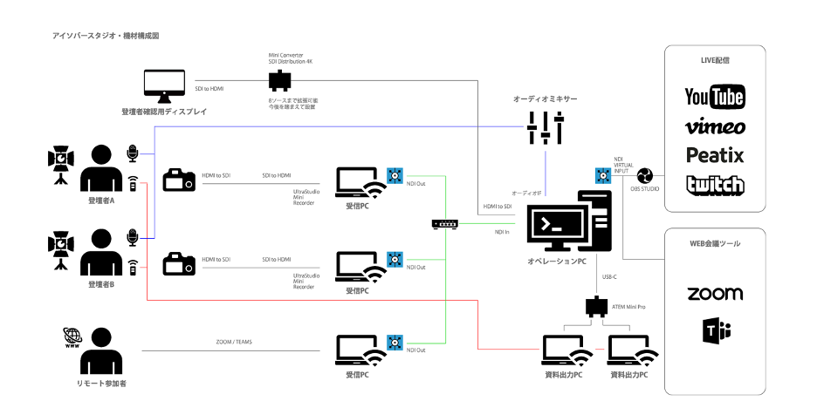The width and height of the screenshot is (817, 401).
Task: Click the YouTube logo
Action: (715, 96)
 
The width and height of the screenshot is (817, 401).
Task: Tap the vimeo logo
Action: (715, 127)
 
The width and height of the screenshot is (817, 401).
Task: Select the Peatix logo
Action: (715, 156)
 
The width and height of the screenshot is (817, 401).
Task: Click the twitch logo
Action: (715, 185)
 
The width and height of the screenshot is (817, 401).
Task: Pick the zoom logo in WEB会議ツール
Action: (715, 294)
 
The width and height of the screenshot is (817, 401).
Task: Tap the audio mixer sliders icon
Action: (545, 129)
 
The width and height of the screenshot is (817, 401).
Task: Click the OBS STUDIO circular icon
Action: (646, 176)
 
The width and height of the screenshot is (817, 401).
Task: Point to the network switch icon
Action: (444, 224)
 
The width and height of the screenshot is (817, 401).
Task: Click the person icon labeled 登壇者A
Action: (101, 167)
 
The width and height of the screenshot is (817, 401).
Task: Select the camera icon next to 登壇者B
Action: (180, 262)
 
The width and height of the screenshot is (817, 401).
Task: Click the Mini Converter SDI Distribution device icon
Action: (280, 82)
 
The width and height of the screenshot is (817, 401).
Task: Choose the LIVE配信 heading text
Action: (715, 61)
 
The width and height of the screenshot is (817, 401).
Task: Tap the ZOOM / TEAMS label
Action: (233, 342)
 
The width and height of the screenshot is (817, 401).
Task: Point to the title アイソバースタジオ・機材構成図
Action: (106, 36)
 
